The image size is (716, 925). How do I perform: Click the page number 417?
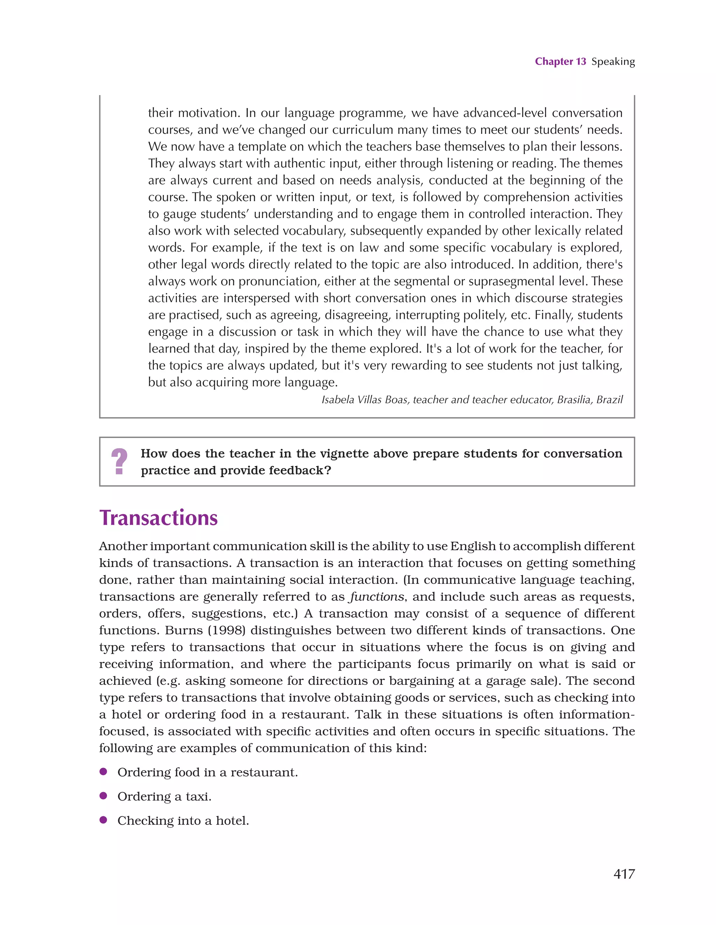[624, 874]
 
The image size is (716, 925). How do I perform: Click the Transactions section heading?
[158, 518]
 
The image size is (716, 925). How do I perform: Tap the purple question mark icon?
[120, 462]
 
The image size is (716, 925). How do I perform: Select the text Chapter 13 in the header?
[560, 62]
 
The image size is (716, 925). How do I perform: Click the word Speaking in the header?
[613, 62]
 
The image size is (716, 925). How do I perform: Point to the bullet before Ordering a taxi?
[103, 796]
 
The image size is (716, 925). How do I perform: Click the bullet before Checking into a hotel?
[103, 820]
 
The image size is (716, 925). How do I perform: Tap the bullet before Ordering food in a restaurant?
[103, 772]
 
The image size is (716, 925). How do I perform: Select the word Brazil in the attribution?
[609, 400]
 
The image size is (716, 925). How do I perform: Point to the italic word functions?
[377, 597]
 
